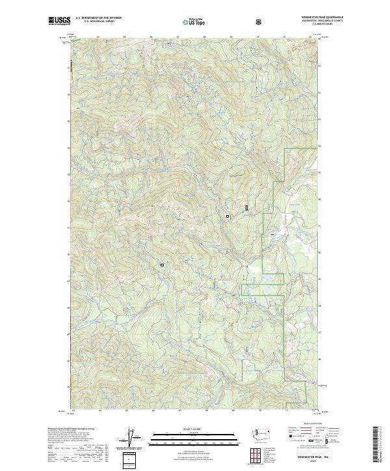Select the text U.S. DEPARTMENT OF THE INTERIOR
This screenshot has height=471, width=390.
click(97, 18)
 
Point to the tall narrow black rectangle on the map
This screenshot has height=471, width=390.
click(247, 207)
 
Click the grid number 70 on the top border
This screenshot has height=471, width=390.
click(258, 37)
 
